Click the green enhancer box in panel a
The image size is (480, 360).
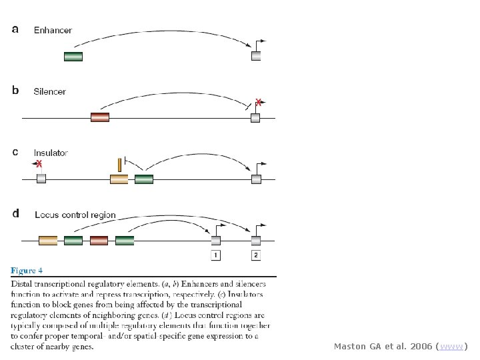[73, 57]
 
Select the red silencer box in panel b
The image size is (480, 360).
[99, 118]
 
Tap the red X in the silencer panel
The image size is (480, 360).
[259, 102]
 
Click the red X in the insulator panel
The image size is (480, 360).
[39, 163]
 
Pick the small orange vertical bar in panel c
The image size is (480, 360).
[119, 164]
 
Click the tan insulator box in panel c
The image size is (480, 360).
[119, 179]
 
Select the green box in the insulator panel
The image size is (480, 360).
[144, 179]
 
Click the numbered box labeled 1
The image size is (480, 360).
[216, 255]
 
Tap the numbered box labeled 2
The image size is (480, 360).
[256, 255]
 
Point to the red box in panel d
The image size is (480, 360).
[99, 240]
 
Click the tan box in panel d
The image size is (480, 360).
[48, 240]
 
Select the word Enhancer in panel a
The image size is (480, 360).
[53, 30]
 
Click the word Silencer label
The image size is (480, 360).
[50, 91]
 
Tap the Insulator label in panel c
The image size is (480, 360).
[51, 153]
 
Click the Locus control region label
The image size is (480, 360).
[75, 215]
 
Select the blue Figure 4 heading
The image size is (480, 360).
[27, 271]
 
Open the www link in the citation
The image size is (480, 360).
[451, 347]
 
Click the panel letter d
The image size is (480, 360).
[16, 214]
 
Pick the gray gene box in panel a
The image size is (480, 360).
[256, 56]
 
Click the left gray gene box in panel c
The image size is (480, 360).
[41, 179]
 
